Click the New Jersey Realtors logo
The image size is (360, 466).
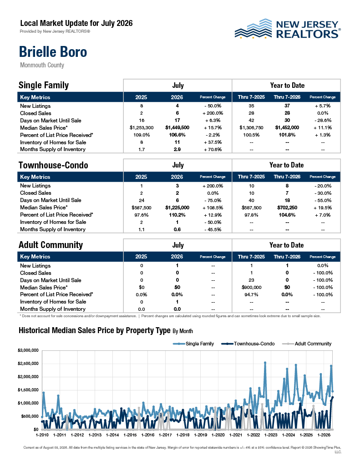pos(288,29)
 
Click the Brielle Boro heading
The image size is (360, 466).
pos(53,52)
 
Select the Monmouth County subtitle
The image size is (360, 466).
pos(42,65)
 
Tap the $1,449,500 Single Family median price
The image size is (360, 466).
pos(177,128)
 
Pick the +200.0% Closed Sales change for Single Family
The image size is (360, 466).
pos(213,113)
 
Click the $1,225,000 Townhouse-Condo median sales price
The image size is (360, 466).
pos(177,208)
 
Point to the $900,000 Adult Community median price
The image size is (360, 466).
pos(252,288)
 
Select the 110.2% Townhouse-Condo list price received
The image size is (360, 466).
pos(177,215)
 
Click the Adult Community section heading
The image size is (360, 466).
pos(51,245)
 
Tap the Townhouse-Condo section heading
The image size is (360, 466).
pos(54,165)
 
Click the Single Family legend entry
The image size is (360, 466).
pos(193,344)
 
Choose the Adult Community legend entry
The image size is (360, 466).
pos(307,344)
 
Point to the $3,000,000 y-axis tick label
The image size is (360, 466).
pos(28,350)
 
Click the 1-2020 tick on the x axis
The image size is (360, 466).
pos(218,435)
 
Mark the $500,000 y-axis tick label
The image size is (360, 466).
pos(30,416)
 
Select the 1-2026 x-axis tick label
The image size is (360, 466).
pos(324,435)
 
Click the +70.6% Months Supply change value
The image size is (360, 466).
pos(213,149)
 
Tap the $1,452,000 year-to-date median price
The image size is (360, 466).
pos(287,127)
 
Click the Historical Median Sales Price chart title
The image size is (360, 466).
pos(106,330)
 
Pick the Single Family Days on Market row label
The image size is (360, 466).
pos(51,121)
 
